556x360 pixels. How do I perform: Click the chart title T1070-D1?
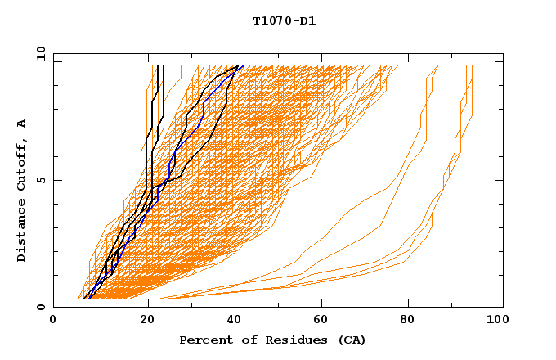[x=284, y=21]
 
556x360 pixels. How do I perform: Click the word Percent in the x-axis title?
[x=202, y=340]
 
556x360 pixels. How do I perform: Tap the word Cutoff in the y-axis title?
[x=22, y=164]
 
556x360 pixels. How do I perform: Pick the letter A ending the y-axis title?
[x=22, y=123]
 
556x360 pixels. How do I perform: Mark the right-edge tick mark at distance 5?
[x=499, y=180]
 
